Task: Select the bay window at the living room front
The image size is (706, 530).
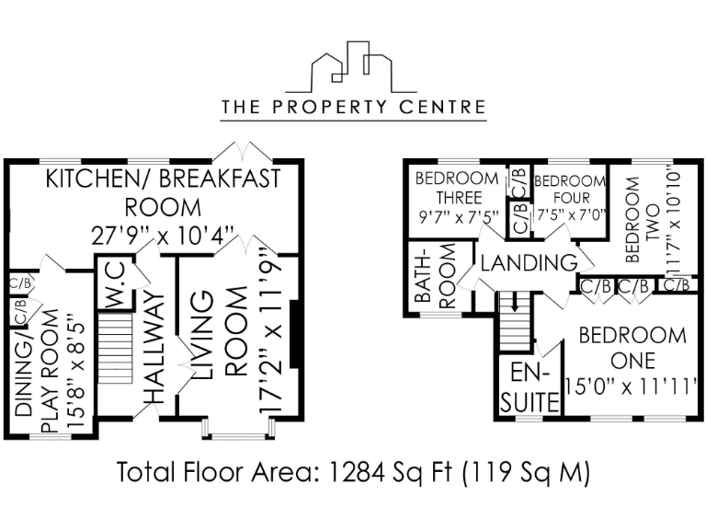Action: pyautogui.click(x=240, y=429)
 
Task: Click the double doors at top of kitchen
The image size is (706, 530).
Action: pyautogui.click(x=240, y=150)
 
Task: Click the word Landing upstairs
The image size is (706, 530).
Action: pyautogui.click(x=529, y=263)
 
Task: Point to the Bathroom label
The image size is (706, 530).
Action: pyautogui.click(x=437, y=277)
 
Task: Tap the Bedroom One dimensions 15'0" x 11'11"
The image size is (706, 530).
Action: pyautogui.click(x=633, y=384)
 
